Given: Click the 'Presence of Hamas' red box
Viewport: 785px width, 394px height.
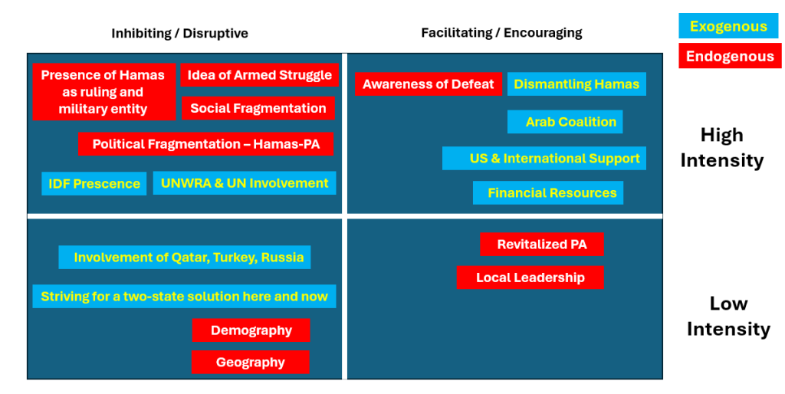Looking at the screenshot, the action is (x=104, y=92).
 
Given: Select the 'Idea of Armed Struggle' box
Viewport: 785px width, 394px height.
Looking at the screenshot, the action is (x=259, y=75).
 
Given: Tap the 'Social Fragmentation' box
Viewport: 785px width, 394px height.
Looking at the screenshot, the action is (x=258, y=108).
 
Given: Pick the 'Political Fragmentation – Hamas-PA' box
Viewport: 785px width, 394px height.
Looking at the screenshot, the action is (x=205, y=144).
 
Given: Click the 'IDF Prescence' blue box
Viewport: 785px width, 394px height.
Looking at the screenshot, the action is (x=94, y=184).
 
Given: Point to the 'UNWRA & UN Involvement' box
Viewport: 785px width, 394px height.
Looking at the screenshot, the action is (x=245, y=183).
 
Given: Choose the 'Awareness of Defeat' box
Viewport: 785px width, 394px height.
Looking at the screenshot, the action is (x=429, y=84).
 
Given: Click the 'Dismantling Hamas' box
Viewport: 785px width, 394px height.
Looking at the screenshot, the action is (x=576, y=84).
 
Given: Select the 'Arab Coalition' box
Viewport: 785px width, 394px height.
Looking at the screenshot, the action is (x=565, y=122).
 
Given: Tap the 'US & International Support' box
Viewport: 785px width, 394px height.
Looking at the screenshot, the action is (x=544, y=158).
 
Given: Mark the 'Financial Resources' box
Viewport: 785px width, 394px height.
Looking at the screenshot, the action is (x=548, y=192).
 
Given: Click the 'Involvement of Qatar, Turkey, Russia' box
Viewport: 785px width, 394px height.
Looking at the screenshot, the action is (x=185, y=258).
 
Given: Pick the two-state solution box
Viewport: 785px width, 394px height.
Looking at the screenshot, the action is (x=184, y=297).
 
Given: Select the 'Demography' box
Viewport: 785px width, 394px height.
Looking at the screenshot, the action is (x=251, y=330).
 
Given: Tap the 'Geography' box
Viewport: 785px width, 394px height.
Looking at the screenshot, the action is (x=251, y=362).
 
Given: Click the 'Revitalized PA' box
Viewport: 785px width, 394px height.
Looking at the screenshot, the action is (x=542, y=245).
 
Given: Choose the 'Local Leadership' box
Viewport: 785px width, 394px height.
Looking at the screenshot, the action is (x=530, y=277).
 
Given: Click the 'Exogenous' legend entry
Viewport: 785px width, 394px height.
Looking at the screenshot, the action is (x=728, y=26).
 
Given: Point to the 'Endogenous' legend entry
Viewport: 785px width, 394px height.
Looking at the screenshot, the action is (x=730, y=56).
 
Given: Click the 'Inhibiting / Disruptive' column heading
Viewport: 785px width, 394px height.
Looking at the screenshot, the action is (x=179, y=34).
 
